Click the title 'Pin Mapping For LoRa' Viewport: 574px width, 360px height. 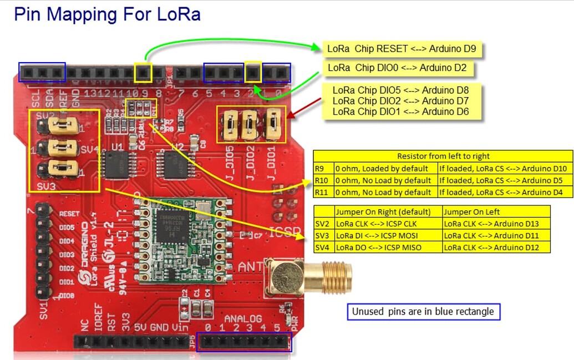click(107, 14)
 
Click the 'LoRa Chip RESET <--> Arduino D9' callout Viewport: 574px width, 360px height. click(402, 49)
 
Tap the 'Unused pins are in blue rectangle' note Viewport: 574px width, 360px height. click(423, 312)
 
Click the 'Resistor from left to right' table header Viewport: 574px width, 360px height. click(443, 156)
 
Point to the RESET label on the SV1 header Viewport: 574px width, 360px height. click(66, 213)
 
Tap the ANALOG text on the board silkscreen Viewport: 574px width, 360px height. click(243, 318)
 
